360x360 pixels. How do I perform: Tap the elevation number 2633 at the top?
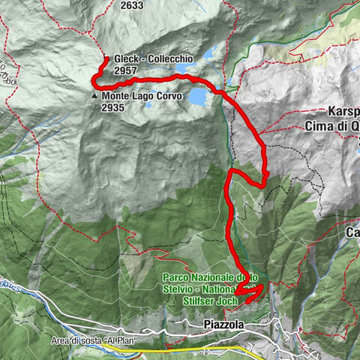[131, 5]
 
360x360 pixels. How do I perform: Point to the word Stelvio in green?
[180, 289]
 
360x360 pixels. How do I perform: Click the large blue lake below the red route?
[197, 97]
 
